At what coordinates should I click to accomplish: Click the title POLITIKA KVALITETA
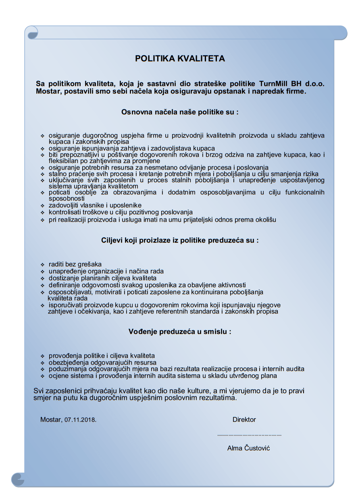coord(180,59)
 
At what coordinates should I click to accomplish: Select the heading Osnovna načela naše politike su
coord(180,112)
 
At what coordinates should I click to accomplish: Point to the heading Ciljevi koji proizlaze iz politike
coord(180,241)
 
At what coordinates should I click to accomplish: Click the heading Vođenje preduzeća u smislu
coord(180,332)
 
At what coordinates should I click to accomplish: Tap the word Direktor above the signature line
coord(244,419)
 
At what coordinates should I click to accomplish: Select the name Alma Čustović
coord(248,448)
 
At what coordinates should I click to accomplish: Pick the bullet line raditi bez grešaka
coord(75,264)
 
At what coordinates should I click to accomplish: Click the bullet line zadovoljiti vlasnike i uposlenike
coord(95,205)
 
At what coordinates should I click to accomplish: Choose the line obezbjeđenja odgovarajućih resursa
coord(102,363)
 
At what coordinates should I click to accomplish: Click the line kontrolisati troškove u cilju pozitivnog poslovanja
coord(121,212)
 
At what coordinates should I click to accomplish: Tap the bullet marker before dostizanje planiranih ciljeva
coord(42,278)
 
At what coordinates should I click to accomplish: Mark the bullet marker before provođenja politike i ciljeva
coord(42,357)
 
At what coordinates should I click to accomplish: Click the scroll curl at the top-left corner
coord(32,32)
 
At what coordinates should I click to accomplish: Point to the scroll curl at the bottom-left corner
coord(18,479)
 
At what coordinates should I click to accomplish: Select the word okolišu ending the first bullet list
coord(265,220)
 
